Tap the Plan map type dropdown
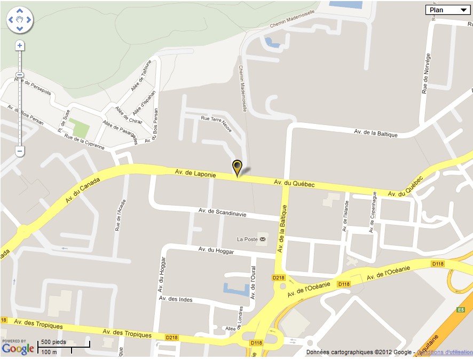click(447, 10)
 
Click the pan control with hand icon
click(20, 20)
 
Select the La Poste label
click(248, 239)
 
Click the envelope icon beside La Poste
click(262, 239)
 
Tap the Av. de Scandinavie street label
click(222, 213)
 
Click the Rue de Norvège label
click(425, 74)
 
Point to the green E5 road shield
click(461, 309)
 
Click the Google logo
click(18, 349)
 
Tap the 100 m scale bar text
click(49, 352)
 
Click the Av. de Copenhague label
click(373, 212)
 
